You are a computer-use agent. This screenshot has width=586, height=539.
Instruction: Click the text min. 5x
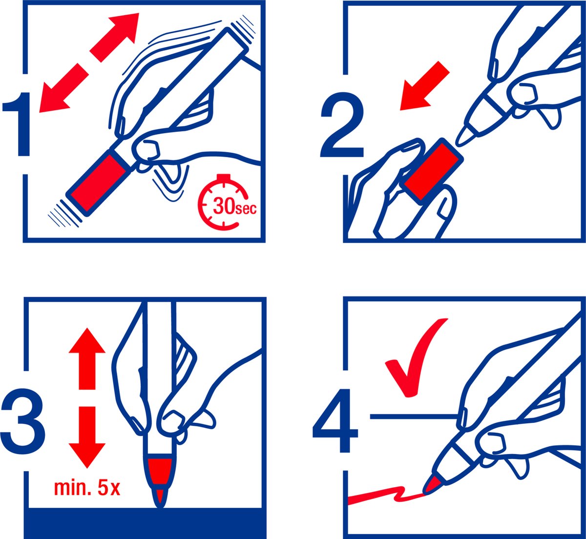pyautogui.click(x=87, y=488)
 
